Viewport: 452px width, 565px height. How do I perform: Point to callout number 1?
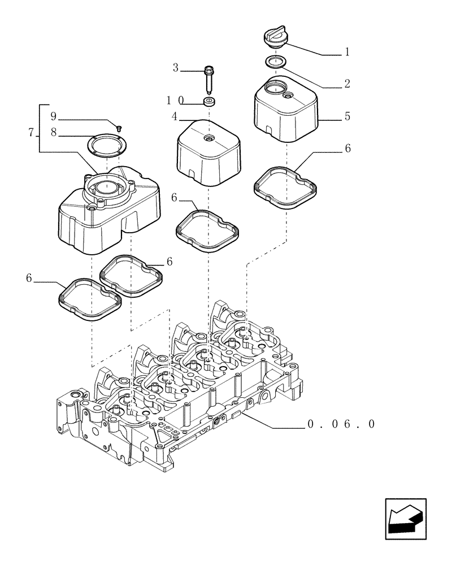point(347,53)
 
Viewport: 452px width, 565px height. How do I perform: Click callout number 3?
point(176,68)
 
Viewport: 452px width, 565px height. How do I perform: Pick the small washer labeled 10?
point(210,102)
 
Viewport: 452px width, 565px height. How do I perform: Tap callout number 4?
point(175,116)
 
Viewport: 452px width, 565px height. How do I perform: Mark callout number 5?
point(347,116)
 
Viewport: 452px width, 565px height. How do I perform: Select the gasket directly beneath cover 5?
point(284,181)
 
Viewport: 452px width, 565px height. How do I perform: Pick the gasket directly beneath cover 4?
point(207,229)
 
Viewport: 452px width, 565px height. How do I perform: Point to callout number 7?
point(31,133)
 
